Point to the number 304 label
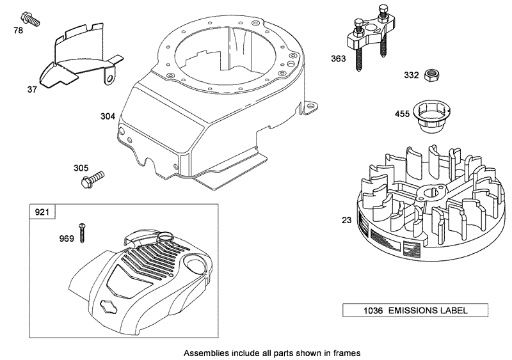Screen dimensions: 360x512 click(x=108, y=116)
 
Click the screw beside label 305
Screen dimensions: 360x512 click(x=93, y=178)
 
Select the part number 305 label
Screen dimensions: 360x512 click(x=81, y=168)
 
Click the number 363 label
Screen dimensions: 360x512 click(x=339, y=59)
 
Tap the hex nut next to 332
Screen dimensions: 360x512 click(x=432, y=74)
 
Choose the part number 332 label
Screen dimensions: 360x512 click(x=412, y=75)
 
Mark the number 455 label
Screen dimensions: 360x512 click(x=403, y=115)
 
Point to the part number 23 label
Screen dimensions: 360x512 click(x=346, y=220)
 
